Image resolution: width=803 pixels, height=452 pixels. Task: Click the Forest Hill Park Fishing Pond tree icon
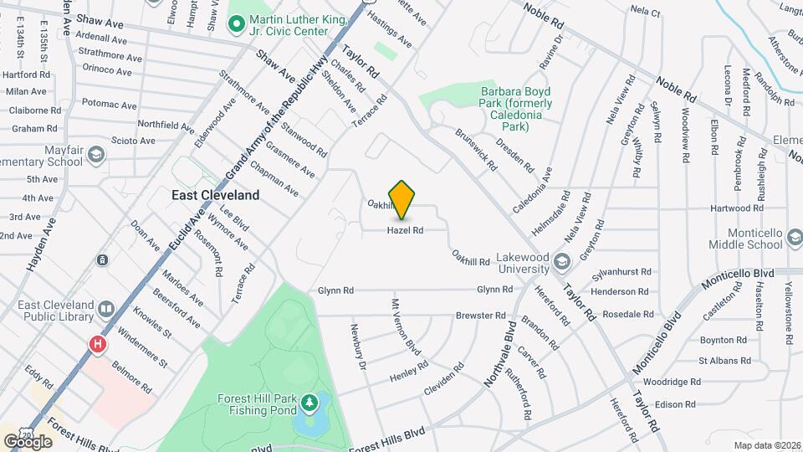[x=310, y=404]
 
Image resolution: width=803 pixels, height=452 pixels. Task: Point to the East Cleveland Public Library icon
[x=106, y=309]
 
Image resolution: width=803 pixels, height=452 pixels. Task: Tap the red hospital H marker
[x=98, y=344]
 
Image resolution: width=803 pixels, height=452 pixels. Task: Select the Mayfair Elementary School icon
[x=98, y=155]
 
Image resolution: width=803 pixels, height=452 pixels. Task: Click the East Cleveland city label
[x=215, y=195]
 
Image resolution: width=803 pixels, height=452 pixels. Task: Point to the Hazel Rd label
[x=405, y=230]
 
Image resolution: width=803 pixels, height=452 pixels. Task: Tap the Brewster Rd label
[x=480, y=316]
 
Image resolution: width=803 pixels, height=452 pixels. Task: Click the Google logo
[x=27, y=441]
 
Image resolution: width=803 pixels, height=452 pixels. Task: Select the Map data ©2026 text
[x=766, y=445]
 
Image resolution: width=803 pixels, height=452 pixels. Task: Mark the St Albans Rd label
[x=723, y=361]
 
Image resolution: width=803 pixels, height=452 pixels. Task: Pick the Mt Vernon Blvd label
[x=402, y=327]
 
